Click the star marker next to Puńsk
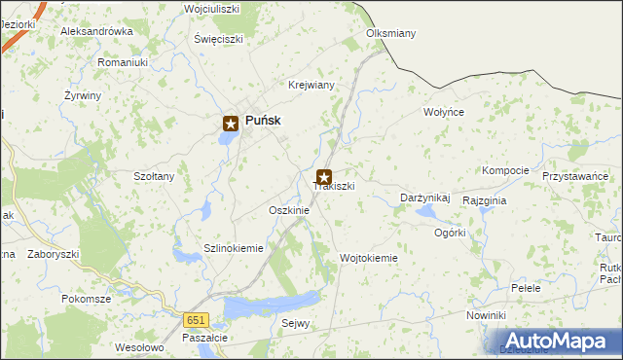(x=231, y=123)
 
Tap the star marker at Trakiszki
(x=324, y=178)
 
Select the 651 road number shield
(x=198, y=319)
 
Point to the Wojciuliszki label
(x=212, y=9)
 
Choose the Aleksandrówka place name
(x=96, y=31)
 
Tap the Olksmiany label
(x=390, y=33)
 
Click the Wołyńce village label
(x=444, y=112)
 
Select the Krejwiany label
(x=311, y=85)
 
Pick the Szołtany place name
(x=154, y=176)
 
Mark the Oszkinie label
(x=288, y=210)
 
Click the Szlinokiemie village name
(x=234, y=248)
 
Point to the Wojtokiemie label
(x=368, y=258)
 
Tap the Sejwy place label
(x=295, y=323)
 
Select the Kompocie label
(x=505, y=170)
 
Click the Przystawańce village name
(x=575, y=176)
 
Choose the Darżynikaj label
(x=425, y=198)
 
